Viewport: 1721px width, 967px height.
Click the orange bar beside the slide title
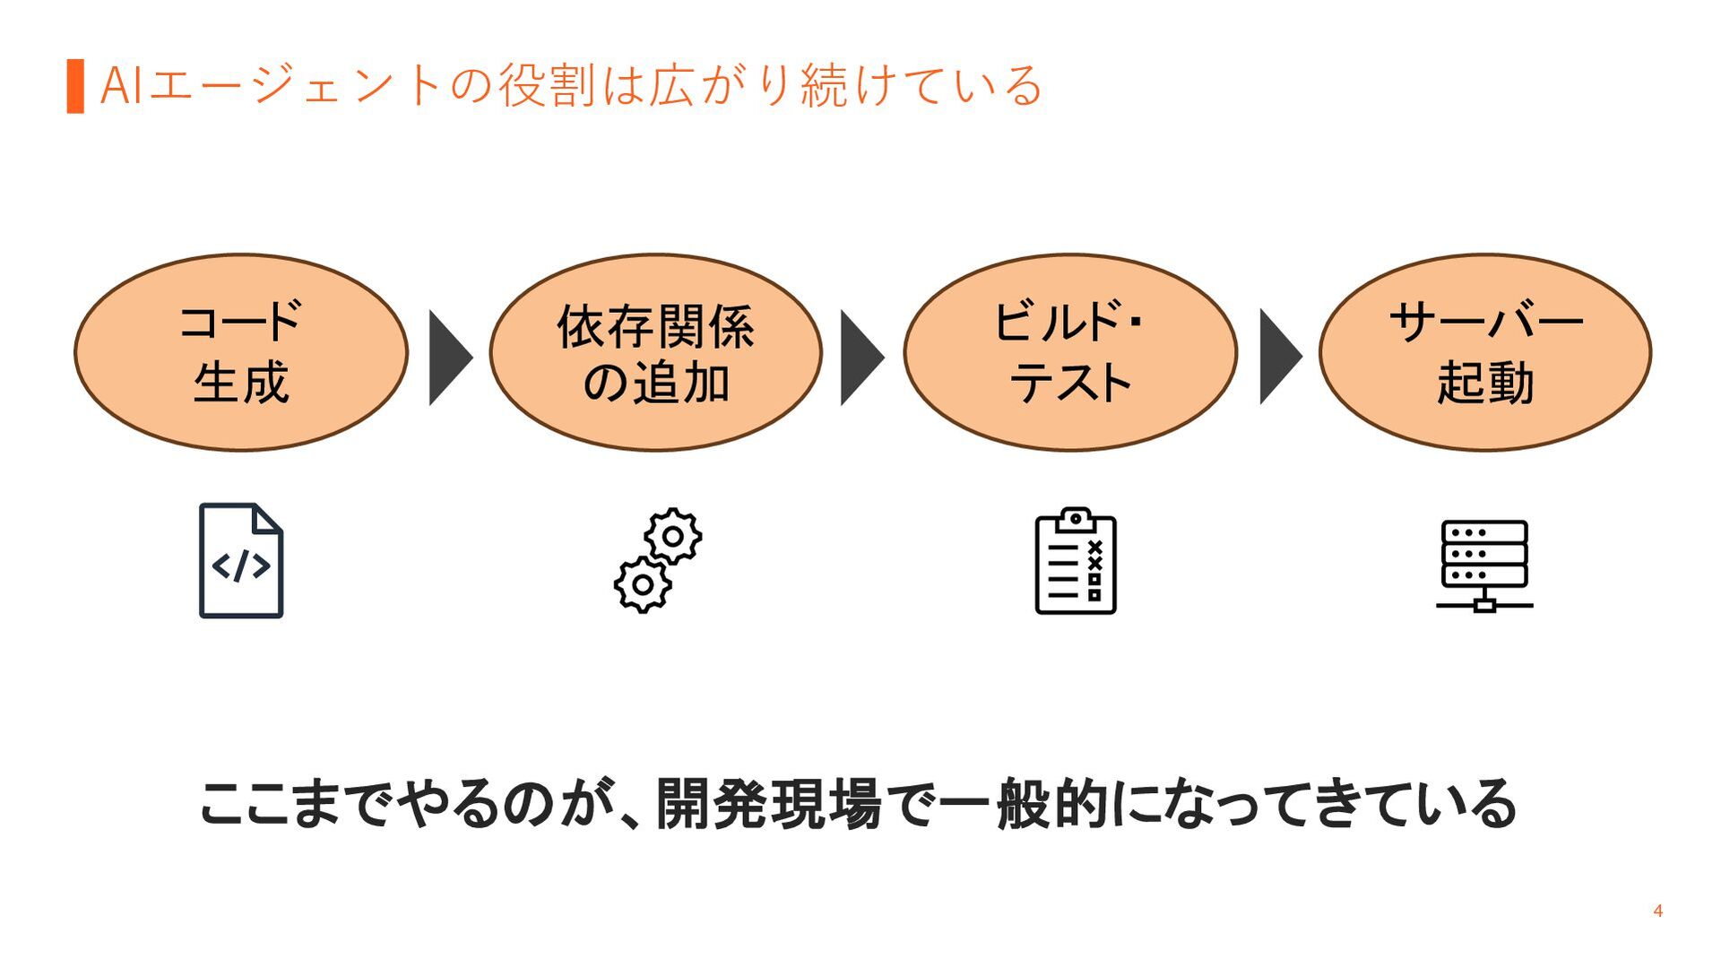pyautogui.click(x=75, y=86)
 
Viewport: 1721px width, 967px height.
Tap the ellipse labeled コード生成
pyautogui.click(x=241, y=352)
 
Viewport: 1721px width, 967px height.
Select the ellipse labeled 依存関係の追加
pyautogui.click(x=655, y=352)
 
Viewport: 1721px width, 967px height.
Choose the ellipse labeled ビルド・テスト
pyautogui.click(x=1070, y=352)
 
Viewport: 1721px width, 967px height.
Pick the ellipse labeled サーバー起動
pyautogui.click(x=1485, y=352)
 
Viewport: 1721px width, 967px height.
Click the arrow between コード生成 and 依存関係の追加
pyautogui.click(x=450, y=358)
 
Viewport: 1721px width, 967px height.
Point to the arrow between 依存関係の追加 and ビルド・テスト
pyautogui.click(x=862, y=358)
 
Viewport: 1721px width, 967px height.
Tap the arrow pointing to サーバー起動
pyautogui.click(x=1281, y=358)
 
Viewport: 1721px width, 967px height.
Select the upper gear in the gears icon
pyautogui.click(x=673, y=536)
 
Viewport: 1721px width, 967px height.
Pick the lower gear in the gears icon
pyautogui.click(x=643, y=584)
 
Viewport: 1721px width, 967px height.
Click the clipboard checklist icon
pyautogui.click(x=1076, y=561)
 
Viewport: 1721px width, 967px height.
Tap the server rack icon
pyautogui.click(x=1484, y=565)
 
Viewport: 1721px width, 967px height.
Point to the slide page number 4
pyautogui.click(x=1657, y=911)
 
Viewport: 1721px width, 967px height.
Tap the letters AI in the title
pyautogui.click(x=121, y=86)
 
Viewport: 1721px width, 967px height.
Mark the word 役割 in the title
pyautogui.click(x=547, y=86)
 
